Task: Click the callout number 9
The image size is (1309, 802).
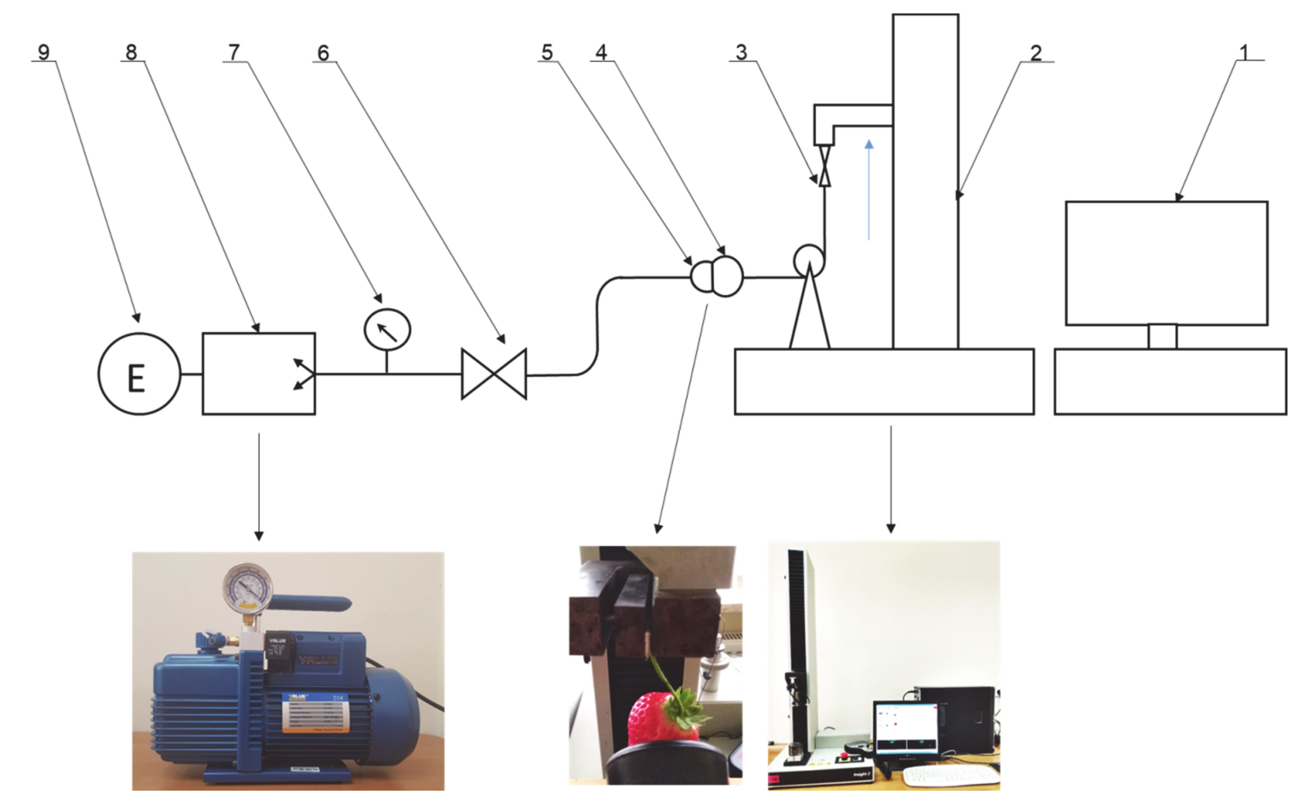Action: coord(44,52)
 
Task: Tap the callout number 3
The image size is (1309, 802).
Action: coord(741,52)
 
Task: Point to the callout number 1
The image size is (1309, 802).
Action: coord(1244,52)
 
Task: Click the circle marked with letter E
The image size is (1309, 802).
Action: coord(139,374)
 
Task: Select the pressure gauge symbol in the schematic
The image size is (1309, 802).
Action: coord(387,330)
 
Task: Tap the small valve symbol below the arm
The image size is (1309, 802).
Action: coord(825,167)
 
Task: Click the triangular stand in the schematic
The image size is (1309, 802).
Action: coord(809,313)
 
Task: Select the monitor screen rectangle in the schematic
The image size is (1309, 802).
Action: coord(1167,263)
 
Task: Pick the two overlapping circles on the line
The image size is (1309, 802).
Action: coord(717,276)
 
